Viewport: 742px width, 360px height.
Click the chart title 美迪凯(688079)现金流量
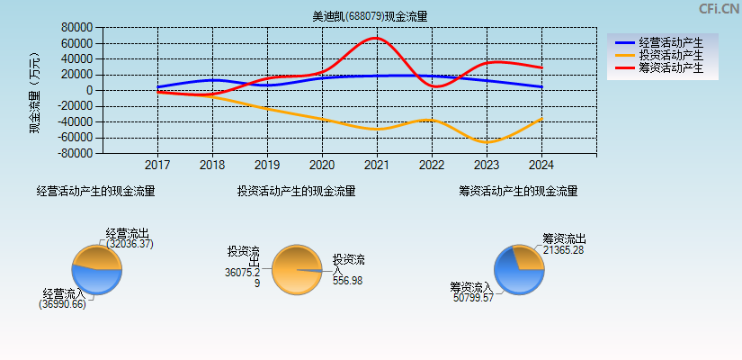point(370,16)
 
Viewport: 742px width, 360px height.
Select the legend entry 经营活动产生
point(671,42)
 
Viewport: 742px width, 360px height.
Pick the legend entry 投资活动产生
point(671,55)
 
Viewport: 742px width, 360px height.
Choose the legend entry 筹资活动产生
point(671,67)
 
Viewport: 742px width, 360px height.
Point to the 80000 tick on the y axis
point(77,27)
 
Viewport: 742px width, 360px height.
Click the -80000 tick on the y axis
point(76,154)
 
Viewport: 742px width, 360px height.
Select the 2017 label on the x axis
point(157,166)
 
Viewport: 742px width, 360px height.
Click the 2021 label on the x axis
point(377,166)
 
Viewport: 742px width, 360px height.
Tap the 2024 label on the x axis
point(541,166)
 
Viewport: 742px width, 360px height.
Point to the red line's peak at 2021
point(377,38)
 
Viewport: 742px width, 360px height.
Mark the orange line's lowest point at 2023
point(487,142)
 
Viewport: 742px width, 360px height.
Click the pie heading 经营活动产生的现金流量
point(95,191)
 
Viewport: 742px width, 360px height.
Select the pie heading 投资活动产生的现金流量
point(296,191)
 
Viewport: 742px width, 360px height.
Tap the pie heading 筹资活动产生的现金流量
point(518,191)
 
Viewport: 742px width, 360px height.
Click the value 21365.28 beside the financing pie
point(564,250)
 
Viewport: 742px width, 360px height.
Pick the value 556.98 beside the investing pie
point(347,281)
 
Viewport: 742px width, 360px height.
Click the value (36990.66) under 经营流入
point(62,304)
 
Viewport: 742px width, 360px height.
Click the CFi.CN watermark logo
point(719,9)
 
